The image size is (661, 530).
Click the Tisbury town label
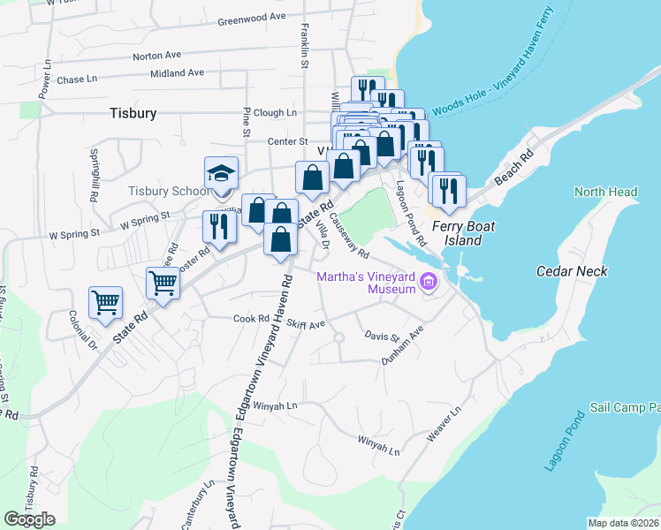click(x=133, y=113)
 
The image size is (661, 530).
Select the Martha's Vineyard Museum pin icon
click(x=429, y=283)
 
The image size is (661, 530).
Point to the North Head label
click(x=605, y=192)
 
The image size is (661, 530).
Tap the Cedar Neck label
click(x=572, y=271)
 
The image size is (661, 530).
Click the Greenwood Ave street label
click(x=252, y=17)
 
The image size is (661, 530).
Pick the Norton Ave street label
click(x=157, y=56)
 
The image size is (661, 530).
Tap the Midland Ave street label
click(x=177, y=73)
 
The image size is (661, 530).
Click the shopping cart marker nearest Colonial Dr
click(x=105, y=302)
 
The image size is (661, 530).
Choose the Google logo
click(x=30, y=519)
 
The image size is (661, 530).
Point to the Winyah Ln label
click(x=275, y=405)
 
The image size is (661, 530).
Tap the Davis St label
click(x=382, y=336)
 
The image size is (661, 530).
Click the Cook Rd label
click(x=251, y=318)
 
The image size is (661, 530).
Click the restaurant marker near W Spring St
click(x=217, y=226)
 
